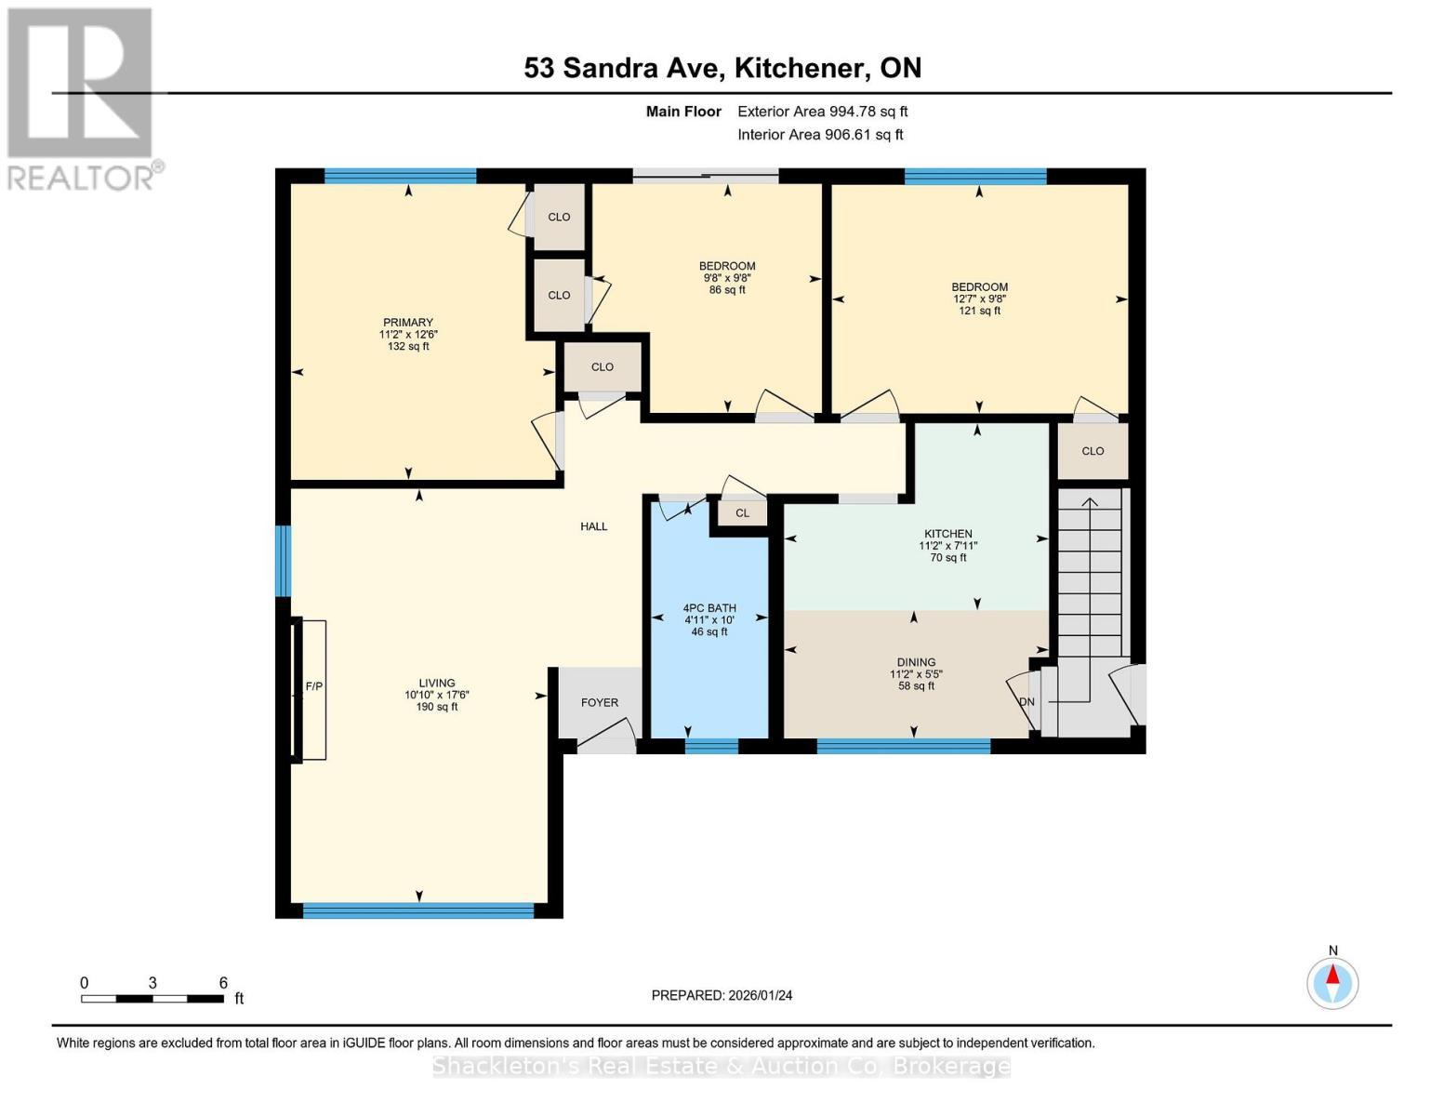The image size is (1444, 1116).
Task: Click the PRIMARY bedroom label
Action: (x=407, y=323)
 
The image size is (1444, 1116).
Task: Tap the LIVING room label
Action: (x=436, y=684)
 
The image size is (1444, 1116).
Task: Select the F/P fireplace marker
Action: (x=314, y=687)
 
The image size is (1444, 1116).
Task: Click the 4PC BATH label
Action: (x=709, y=609)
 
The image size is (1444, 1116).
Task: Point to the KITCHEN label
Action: (x=947, y=535)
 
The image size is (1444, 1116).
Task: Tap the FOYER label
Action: (x=600, y=703)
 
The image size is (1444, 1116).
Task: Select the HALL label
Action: (x=593, y=526)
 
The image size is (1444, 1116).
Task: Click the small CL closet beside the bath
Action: (x=742, y=513)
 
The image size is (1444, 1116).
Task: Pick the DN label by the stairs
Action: (x=1027, y=702)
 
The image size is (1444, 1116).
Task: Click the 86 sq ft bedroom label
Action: (x=727, y=267)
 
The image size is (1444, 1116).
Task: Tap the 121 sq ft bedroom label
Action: (x=979, y=287)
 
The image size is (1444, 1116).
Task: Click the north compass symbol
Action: (x=1332, y=982)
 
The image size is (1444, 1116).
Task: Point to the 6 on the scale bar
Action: (x=223, y=983)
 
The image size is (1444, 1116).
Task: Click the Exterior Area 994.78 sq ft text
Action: (x=822, y=112)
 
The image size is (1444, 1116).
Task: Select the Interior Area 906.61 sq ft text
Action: (x=820, y=135)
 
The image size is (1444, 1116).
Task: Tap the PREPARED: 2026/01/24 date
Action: (x=722, y=995)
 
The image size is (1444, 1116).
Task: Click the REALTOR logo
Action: (x=82, y=98)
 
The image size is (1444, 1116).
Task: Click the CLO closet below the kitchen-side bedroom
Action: (x=1093, y=451)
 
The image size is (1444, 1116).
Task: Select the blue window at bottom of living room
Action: (x=418, y=911)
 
